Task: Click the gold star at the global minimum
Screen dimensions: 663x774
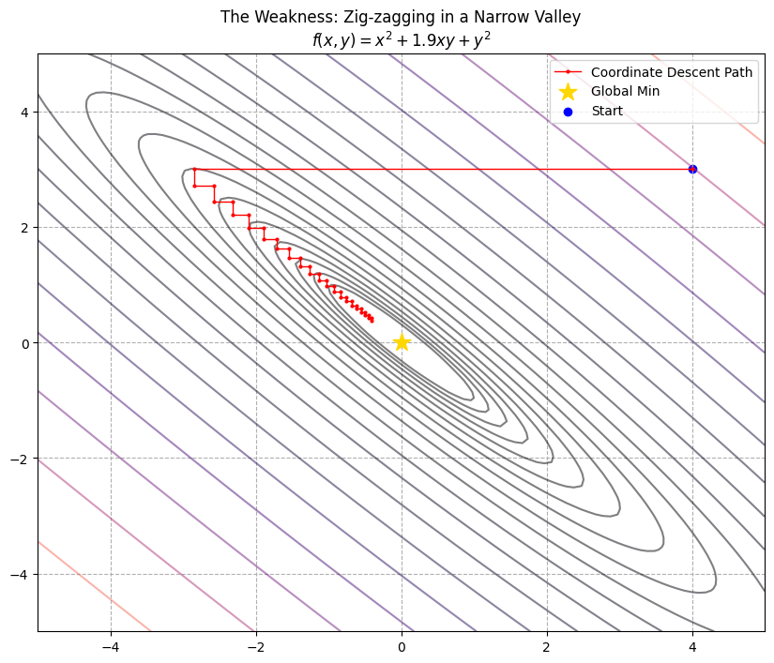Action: pos(402,342)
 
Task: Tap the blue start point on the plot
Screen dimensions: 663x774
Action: pos(692,169)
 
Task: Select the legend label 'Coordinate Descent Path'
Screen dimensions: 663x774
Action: pos(671,72)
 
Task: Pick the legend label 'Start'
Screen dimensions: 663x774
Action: pos(606,111)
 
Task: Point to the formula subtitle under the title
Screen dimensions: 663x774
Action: pos(401,40)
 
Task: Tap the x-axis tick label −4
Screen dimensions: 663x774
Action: pos(111,647)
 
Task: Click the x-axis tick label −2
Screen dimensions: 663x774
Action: pos(256,647)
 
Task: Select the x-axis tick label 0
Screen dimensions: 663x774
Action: pos(402,647)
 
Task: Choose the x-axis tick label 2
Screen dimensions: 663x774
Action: pos(547,647)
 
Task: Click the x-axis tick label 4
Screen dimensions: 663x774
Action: pos(692,647)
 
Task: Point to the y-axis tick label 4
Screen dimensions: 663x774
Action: pos(24,112)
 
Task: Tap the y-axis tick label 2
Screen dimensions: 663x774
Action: pos(24,227)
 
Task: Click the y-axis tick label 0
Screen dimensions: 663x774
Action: pos(24,342)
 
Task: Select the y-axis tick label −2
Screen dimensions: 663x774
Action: pos(21,458)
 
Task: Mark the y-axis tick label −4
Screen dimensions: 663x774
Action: pos(21,574)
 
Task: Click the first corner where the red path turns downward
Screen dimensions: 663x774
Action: pos(194,170)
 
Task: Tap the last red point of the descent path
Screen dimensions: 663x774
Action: pos(372,321)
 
